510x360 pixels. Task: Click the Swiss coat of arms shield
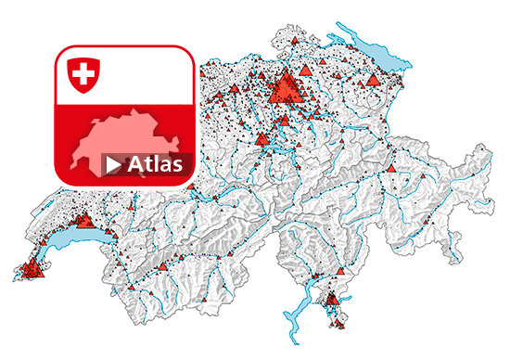click(83, 74)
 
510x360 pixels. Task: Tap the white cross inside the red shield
click(83, 72)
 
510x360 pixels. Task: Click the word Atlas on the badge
click(153, 165)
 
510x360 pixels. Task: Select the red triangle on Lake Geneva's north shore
click(83, 221)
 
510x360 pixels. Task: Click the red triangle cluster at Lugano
click(331, 298)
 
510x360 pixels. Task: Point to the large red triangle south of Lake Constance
click(374, 80)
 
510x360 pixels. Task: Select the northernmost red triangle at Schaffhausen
click(294, 42)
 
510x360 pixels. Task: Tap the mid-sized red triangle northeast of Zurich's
click(306, 71)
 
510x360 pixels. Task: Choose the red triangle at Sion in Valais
click(163, 266)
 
